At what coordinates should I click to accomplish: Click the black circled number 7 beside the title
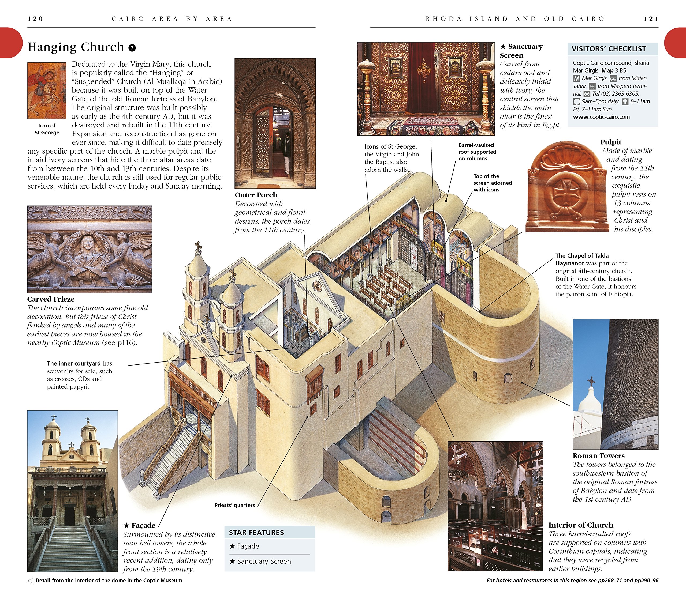132,48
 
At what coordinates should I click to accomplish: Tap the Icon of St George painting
47,90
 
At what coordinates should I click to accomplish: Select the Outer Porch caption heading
256,195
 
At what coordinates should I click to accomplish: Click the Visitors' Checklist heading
609,49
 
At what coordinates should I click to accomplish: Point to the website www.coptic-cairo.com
601,117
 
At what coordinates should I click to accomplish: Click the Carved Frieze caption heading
51,299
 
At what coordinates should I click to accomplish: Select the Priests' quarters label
234,505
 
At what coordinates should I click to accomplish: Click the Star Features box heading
256,533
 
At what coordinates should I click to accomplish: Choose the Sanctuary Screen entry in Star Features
264,561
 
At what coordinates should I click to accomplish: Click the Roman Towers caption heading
598,456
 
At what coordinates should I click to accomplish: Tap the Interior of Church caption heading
581,525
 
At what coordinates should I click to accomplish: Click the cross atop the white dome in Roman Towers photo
591,381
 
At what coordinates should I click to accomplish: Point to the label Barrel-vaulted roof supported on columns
477,152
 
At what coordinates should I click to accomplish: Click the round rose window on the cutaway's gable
317,285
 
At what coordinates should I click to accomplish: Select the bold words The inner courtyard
74,363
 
